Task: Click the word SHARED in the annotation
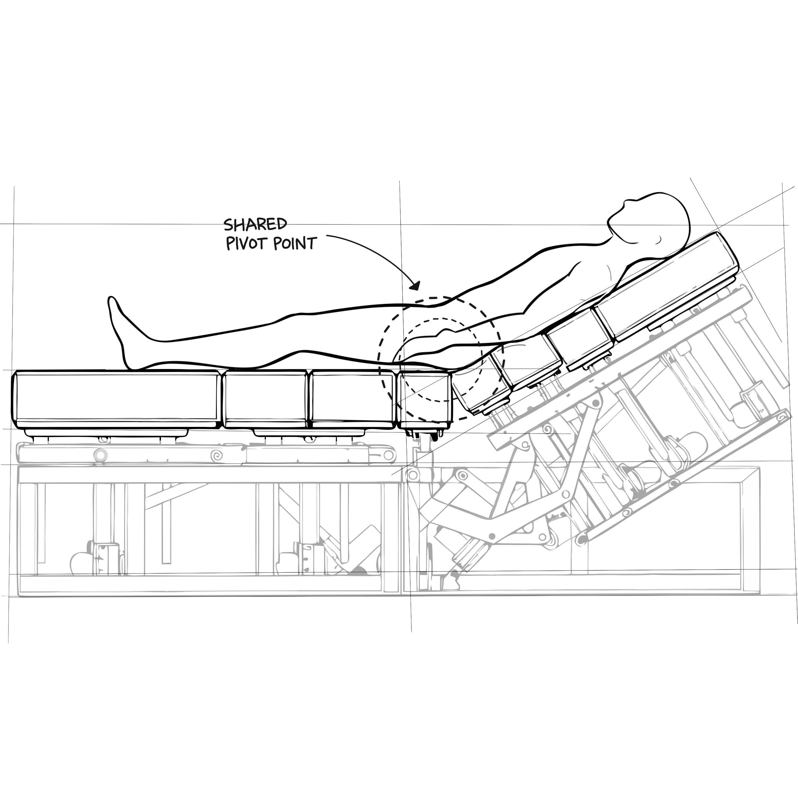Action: tap(255, 224)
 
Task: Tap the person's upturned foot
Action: tap(117, 326)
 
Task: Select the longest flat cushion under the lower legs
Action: tap(117, 399)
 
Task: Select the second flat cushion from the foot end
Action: tap(265, 399)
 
